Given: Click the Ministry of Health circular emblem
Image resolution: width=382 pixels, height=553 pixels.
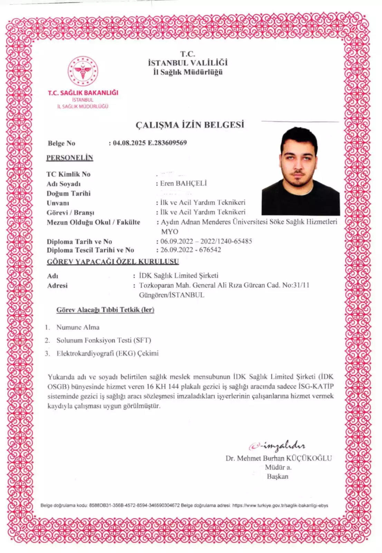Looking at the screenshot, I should pyautogui.click(x=83, y=71).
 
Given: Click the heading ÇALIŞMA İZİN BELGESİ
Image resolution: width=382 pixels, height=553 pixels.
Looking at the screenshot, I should pyautogui.click(x=190, y=125).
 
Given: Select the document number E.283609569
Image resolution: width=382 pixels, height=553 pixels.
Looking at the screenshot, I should pyautogui.click(x=167, y=143).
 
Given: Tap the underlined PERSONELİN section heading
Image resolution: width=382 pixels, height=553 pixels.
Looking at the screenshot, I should pyautogui.click(x=70, y=158).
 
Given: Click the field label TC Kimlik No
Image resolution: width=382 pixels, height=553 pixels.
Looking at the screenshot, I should pyautogui.click(x=68, y=174).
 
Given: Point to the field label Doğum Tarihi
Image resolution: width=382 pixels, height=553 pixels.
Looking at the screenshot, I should pyautogui.click(x=68, y=193).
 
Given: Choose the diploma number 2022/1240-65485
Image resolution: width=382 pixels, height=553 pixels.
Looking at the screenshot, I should pyautogui.click(x=226, y=241).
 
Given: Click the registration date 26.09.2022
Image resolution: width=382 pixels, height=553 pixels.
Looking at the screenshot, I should pyautogui.click(x=176, y=250).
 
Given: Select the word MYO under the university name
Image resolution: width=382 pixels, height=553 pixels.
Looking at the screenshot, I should pyautogui.click(x=170, y=232).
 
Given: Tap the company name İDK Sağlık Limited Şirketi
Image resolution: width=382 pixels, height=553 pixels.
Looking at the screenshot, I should pyautogui.click(x=179, y=275).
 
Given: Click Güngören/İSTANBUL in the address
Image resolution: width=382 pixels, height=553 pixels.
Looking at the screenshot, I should pyautogui.click(x=172, y=295).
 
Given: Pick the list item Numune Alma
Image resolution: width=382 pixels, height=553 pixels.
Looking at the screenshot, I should pyautogui.click(x=78, y=327).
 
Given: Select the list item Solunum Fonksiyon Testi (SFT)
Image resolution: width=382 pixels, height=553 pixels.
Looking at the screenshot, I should pyautogui.click(x=104, y=340).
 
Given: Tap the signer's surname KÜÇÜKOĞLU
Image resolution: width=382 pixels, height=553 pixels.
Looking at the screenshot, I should pyautogui.click(x=309, y=458).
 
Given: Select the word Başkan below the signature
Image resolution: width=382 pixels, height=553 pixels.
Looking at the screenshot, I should pyautogui.click(x=277, y=476).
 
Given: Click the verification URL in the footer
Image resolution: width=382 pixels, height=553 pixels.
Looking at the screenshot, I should pyautogui.click(x=280, y=505).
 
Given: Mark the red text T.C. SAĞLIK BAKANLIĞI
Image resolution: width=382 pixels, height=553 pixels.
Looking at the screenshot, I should pyautogui.click(x=83, y=93).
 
